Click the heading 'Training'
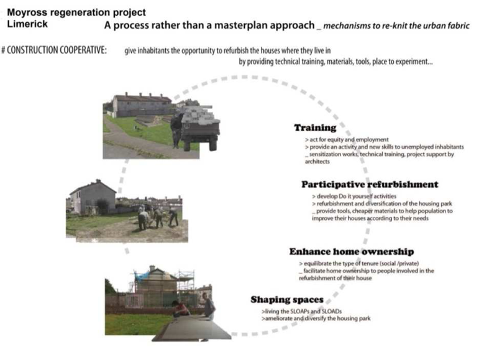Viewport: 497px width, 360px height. [315, 127]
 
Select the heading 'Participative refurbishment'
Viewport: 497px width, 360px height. [370, 184]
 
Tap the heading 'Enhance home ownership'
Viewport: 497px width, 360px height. [352, 252]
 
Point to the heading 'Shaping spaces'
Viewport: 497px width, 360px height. [287, 300]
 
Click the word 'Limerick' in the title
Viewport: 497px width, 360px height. [27, 24]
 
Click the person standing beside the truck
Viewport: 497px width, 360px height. [177, 130]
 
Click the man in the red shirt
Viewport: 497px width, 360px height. [181, 308]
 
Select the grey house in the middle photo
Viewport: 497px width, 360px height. [93, 196]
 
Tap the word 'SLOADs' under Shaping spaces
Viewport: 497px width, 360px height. [332, 312]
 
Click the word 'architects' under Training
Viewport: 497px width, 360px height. [317, 162]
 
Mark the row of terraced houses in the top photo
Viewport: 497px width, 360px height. [142, 104]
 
